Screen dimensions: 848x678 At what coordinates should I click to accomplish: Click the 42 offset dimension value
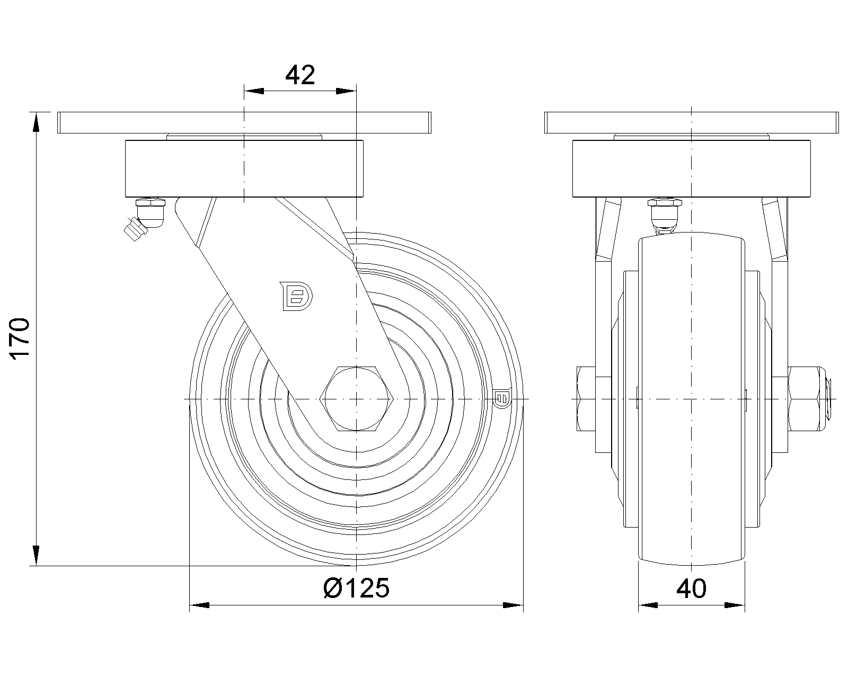coord(300,75)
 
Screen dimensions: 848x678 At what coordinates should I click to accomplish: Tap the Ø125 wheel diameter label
coord(356,588)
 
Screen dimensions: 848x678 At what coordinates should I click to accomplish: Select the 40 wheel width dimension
coord(691,589)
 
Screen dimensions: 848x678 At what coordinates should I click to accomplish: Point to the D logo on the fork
coord(296,296)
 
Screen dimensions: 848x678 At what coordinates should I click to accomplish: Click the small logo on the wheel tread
coord(502,398)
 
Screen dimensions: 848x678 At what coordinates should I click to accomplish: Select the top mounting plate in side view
coord(244,122)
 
